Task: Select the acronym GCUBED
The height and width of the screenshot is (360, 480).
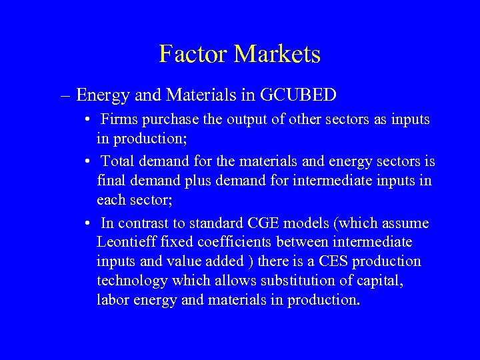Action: [x=298, y=95]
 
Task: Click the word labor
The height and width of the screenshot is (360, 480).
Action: [x=112, y=300]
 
